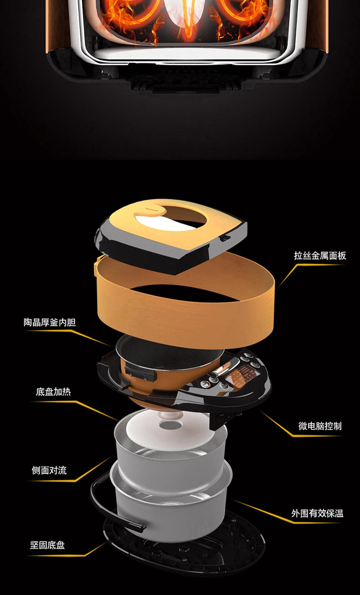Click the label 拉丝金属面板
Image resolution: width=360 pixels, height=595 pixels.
point(320,255)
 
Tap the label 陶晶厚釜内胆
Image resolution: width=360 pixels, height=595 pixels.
point(50,322)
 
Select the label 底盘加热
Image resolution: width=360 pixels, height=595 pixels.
point(53,392)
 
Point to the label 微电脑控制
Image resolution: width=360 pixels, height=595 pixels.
point(319,426)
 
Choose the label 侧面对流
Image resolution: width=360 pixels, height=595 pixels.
point(49,470)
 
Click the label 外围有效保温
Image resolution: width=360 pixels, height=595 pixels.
point(317,513)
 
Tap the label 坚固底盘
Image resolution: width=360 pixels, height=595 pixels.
point(47,545)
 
